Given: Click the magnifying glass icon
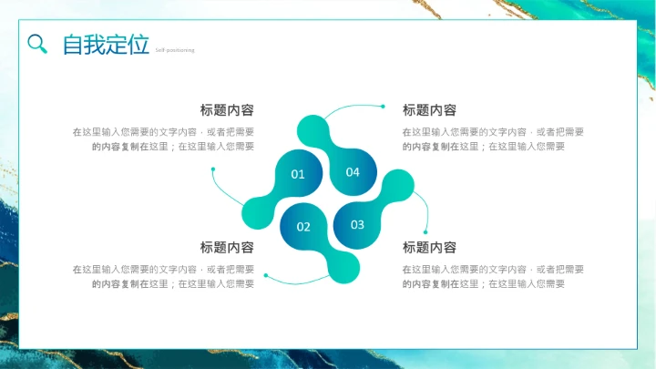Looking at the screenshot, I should tap(37, 44).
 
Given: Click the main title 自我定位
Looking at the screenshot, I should tap(105, 45).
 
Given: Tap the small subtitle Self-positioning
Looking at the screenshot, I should tap(174, 50).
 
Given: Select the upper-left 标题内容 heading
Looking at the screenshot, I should tap(227, 110).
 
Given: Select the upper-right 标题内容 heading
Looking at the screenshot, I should tap(429, 110).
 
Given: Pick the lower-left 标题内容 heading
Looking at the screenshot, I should tap(227, 248).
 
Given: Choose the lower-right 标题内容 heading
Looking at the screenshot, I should tap(429, 248).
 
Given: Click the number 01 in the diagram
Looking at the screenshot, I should tap(298, 174).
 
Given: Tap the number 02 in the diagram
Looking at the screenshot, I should tap(303, 227).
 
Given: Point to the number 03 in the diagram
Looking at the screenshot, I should tap(357, 224).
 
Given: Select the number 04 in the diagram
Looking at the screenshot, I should tap(353, 172).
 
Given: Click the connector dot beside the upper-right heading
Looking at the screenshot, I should tap(383, 107).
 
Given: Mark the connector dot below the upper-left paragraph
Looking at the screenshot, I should tap(213, 169).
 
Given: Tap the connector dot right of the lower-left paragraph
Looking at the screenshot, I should tap(265, 274).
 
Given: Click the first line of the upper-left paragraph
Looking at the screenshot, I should tap(163, 132).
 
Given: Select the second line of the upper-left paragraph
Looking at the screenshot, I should tap(173, 146).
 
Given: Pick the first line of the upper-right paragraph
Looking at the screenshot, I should tap(493, 132).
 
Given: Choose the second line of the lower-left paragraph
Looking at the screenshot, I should tap(173, 283).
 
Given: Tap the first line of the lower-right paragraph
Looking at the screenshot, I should tap(493, 270).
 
